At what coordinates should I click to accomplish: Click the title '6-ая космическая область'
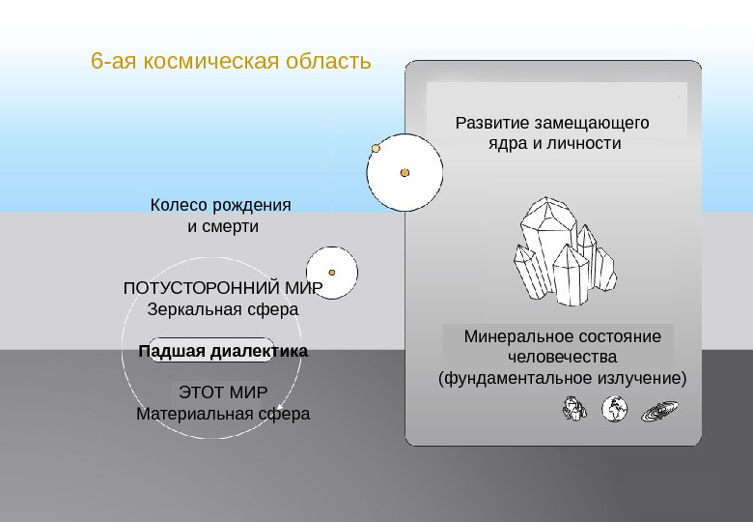tap(231, 62)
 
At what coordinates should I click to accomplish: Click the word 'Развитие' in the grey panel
tap(490, 123)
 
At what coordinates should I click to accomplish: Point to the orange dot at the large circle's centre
tap(405, 173)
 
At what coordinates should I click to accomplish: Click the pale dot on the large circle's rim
tap(376, 149)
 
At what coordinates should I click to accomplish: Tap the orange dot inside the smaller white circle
tap(332, 273)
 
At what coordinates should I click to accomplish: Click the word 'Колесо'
tap(178, 206)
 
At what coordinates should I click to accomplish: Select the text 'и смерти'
tap(222, 227)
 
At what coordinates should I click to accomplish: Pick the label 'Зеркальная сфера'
tap(222, 310)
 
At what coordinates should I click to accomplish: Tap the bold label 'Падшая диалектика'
tap(223, 352)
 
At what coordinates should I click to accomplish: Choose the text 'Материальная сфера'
tap(223, 414)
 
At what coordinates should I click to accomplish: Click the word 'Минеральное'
tap(512, 337)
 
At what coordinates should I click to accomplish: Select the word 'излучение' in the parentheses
tap(641, 378)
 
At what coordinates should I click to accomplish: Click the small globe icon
tap(615, 410)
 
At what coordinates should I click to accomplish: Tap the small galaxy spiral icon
tap(660, 411)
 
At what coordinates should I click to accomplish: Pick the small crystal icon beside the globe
tap(573, 409)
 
